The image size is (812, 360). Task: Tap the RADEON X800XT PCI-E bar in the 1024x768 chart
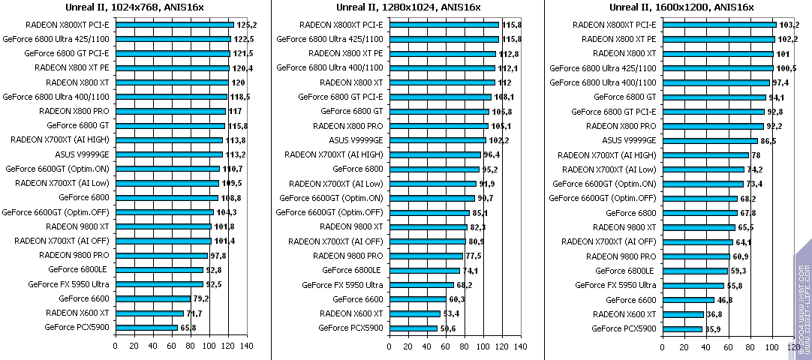click(x=174, y=25)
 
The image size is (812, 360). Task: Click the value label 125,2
click(x=247, y=25)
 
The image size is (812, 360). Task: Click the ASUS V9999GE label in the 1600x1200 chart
click(x=629, y=140)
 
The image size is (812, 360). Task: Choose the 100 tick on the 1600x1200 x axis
click(x=771, y=346)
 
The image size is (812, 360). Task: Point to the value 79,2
click(x=201, y=299)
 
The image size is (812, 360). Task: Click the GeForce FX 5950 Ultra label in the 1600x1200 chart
click(x=615, y=285)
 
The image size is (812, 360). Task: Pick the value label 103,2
click(x=789, y=25)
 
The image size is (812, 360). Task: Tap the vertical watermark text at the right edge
click(x=804, y=300)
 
